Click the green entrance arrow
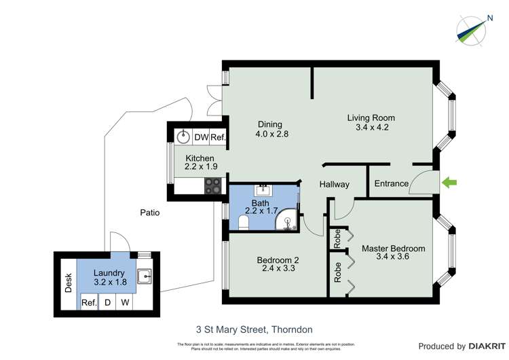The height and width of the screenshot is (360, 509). click(x=449, y=181)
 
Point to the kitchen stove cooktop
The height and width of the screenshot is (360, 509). click(x=213, y=185)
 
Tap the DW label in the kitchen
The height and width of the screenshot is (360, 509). click(x=201, y=137)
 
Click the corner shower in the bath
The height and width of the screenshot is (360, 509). click(x=288, y=221)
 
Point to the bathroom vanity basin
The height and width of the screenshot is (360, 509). click(x=261, y=190)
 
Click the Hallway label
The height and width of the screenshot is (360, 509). click(x=335, y=184)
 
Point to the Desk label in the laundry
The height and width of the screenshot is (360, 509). click(x=68, y=283)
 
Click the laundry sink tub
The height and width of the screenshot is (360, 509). click(x=145, y=276)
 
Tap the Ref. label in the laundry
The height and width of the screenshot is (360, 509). click(x=88, y=303)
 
